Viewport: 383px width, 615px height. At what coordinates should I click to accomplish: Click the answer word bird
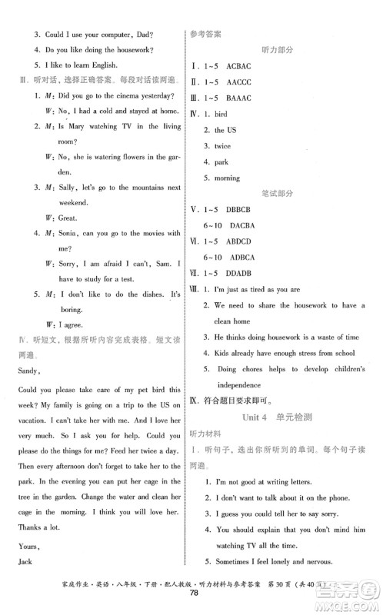tap(224, 114)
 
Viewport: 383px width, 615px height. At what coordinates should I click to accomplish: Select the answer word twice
tap(222, 146)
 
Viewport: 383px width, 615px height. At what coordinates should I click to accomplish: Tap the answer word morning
tap(227, 178)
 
